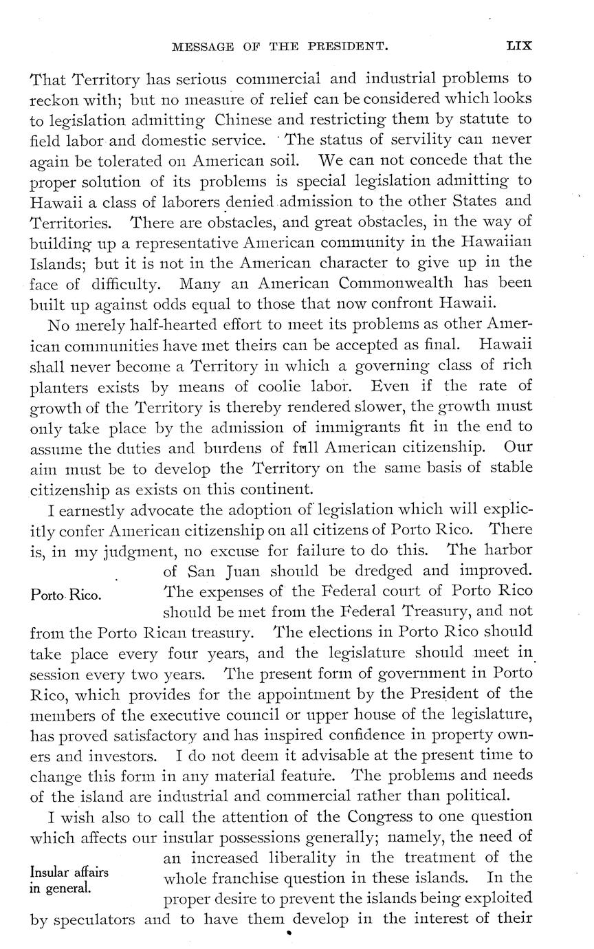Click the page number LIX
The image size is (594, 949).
[519, 46]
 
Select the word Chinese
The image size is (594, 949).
[245, 120]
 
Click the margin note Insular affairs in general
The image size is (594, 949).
[69, 880]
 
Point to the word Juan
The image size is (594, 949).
[239, 571]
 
